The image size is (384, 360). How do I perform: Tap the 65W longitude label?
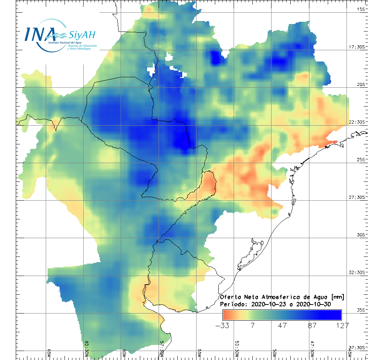pos(49,352)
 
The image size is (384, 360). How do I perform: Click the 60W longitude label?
pos(124,352)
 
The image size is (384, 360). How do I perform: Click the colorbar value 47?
pos(282,325)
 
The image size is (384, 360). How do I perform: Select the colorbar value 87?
pos(312,325)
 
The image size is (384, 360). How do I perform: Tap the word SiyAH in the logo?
pos(82,35)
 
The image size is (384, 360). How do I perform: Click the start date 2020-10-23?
pos(267,304)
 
